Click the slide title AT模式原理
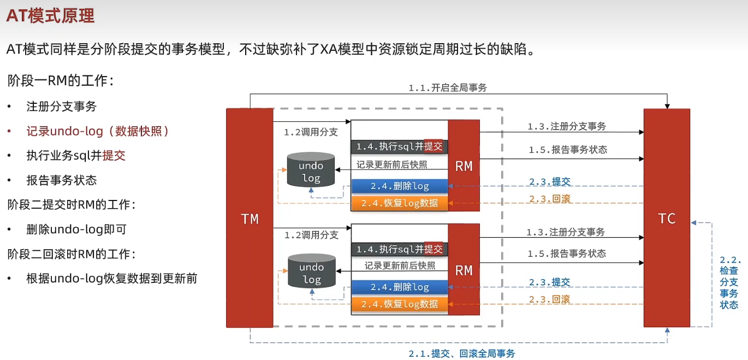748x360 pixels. [x=50, y=16]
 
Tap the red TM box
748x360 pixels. [x=250, y=219]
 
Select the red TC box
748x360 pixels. [x=667, y=219]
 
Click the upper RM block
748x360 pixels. [x=464, y=166]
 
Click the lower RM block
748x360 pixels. [x=464, y=270]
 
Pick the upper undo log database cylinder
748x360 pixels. [x=311, y=170]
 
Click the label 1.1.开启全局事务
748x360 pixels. [x=448, y=87]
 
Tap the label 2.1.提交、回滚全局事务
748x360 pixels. [x=461, y=353]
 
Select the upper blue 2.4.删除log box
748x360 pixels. [x=400, y=186]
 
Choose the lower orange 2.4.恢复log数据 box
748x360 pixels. [x=400, y=304]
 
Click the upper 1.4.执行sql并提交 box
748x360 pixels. [x=400, y=146]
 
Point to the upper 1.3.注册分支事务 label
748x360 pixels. [x=567, y=126]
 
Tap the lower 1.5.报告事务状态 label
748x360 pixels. [x=567, y=253]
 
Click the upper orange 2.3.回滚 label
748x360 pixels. [x=550, y=198]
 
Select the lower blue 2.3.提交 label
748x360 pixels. [x=550, y=282]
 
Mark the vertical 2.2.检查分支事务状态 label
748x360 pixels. [x=729, y=282]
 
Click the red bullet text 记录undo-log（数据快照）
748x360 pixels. [x=98, y=131]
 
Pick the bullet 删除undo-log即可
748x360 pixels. [x=76, y=229]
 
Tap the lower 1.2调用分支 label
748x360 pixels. [x=311, y=235]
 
